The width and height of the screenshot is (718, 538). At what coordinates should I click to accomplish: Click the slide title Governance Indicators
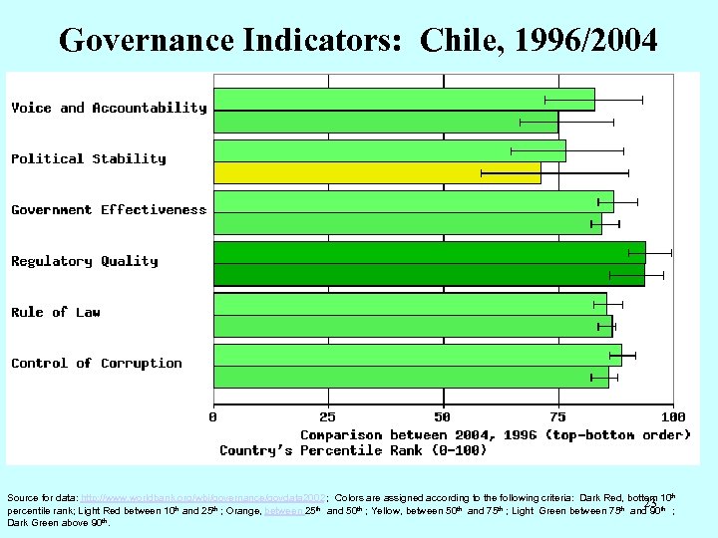(x=358, y=40)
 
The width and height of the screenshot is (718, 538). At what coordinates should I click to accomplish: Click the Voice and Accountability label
(x=109, y=108)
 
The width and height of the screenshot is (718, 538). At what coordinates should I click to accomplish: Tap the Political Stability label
(x=89, y=158)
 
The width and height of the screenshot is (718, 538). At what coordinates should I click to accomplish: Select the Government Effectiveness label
(x=109, y=210)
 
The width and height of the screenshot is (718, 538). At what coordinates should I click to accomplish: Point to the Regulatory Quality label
(x=85, y=261)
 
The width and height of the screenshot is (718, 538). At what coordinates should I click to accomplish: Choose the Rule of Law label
(x=56, y=313)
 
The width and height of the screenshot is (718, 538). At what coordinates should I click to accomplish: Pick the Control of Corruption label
(x=97, y=364)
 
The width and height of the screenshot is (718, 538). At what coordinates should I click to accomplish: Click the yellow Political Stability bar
(x=377, y=173)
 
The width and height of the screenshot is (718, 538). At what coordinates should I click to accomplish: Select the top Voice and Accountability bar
(x=404, y=100)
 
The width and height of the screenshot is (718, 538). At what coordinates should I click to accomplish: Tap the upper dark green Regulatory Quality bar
(x=429, y=252)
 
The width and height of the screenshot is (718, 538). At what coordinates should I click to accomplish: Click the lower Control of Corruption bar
(x=411, y=377)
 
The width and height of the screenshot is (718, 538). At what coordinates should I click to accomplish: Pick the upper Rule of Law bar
(x=410, y=303)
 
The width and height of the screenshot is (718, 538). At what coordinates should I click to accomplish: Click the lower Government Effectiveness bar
(x=408, y=224)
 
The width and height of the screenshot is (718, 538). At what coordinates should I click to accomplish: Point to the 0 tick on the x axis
(x=213, y=416)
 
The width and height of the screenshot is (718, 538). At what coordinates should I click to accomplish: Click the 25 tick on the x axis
(x=328, y=416)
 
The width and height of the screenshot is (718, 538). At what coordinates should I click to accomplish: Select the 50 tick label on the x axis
(x=443, y=416)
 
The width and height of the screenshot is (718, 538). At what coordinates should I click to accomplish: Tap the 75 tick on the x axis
(x=557, y=416)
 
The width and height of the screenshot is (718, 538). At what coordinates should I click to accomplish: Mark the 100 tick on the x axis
(x=673, y=416)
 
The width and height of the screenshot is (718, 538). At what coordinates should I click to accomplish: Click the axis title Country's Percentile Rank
(x=353, y=451)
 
